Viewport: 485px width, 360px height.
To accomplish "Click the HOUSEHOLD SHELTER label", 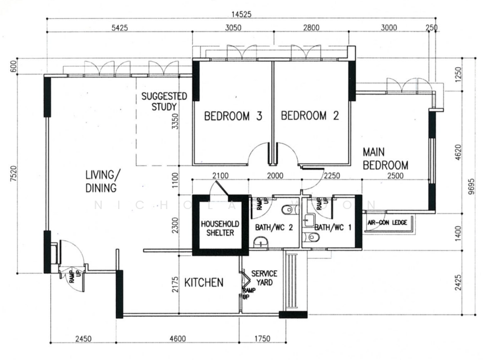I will [220, 228].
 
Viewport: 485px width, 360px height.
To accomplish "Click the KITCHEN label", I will [204, 282].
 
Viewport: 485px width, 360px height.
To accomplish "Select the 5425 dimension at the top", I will [115, 27].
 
